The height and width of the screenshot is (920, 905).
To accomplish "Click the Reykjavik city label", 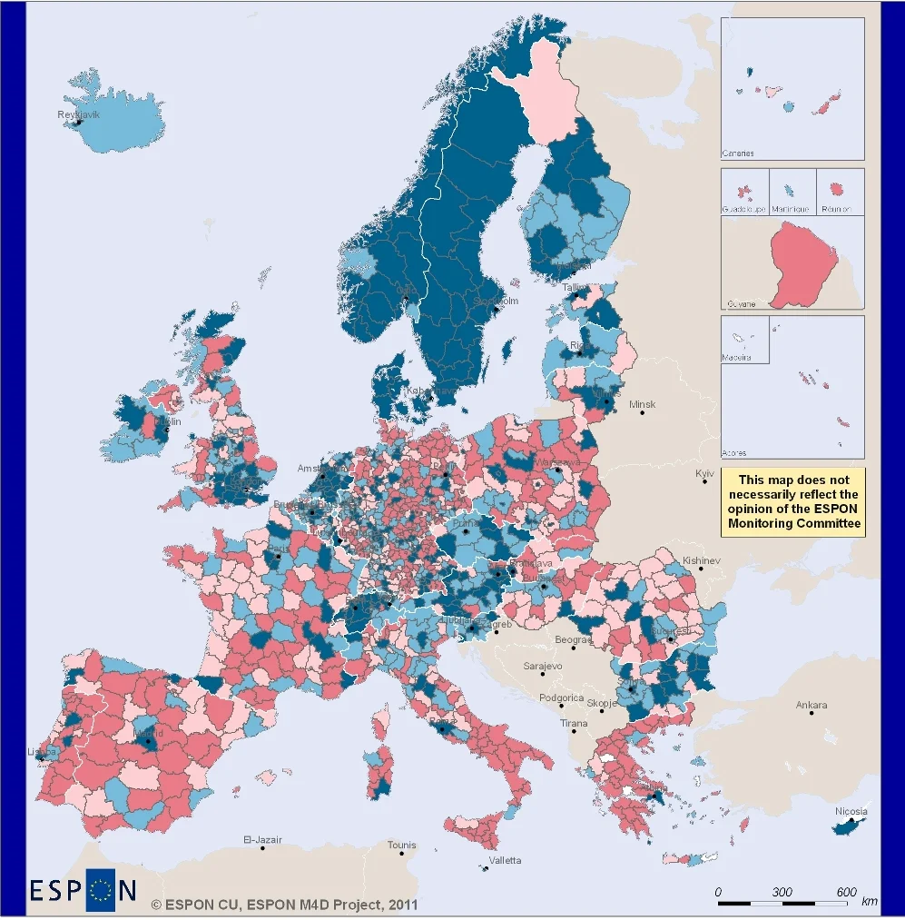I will point(78,114).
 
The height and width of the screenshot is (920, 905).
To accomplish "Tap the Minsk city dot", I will point(642,413).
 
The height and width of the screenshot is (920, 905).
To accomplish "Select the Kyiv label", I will point(705,474).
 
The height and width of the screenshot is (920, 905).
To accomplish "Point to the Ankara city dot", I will point(811,713).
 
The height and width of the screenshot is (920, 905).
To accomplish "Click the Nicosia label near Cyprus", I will point(851,811).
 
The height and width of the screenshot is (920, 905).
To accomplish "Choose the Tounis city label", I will point(402,845).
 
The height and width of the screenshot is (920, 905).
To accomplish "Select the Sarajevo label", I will point(544,666).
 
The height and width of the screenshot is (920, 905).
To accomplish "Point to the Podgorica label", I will point(561,698).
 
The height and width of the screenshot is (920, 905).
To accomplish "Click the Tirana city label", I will point(574,724).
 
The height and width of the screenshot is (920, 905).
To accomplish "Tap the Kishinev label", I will point(701,560).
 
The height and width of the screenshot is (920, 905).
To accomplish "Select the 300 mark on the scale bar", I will point(782,892).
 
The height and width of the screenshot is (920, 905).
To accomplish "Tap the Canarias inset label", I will point(738,153).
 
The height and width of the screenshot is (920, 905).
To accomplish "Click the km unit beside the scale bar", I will point(869,901).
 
